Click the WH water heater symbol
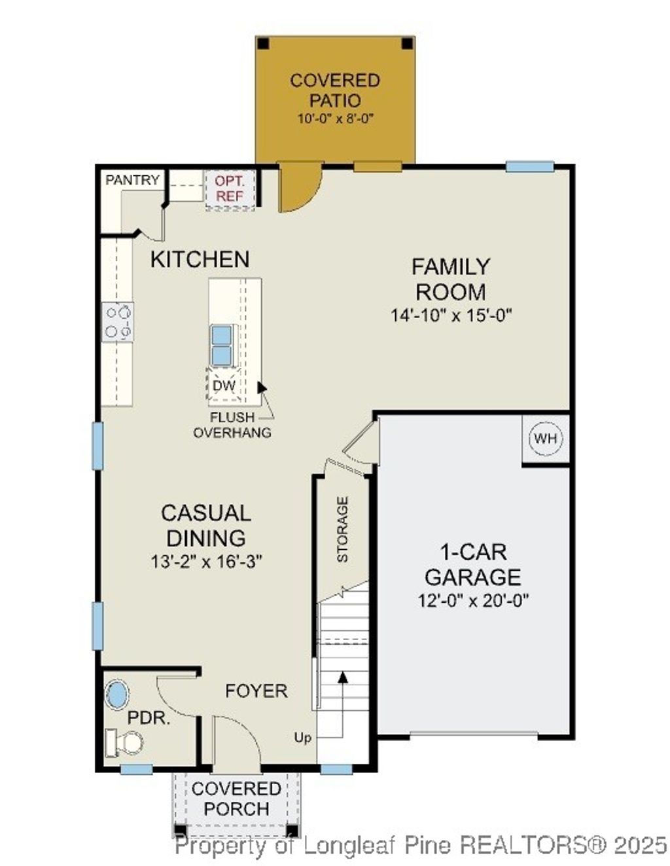point(546,438)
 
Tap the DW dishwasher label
point(224,386)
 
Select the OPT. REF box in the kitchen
point(230,189)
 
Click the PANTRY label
point(133,180)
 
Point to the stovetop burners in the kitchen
point(118,322)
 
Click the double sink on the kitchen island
point(221,345)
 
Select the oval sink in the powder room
point(118,695)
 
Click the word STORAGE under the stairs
point(342,529)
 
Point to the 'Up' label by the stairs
point(302,738)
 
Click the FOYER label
point(256,691)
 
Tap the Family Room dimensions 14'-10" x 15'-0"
point(451,316)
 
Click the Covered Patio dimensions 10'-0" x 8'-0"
point(335,118)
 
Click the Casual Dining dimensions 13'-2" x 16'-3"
point(206,562)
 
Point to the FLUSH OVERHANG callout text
point(232,425)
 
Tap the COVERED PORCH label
point(236,799)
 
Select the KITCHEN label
point(200,259)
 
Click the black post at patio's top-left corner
point(262,44)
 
